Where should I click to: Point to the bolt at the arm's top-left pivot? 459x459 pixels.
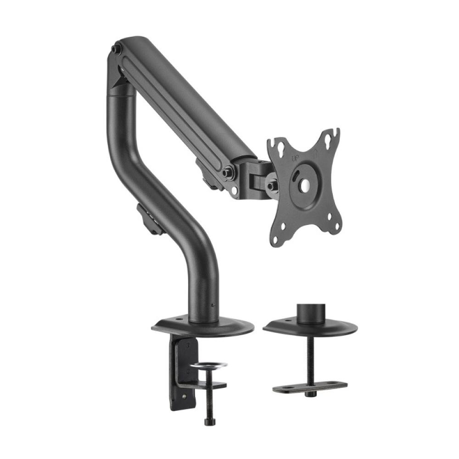click(x=117, y=48)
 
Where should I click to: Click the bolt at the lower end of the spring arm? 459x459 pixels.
click(x=227, y=173)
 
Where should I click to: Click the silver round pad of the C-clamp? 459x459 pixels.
click(x=209, y=365)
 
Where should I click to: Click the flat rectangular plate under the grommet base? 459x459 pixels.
click(x=310, y=386)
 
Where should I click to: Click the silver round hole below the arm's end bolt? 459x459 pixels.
click(x=235, y=190)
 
